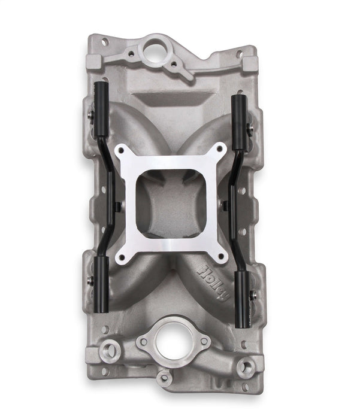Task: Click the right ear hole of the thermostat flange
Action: pos(203,341)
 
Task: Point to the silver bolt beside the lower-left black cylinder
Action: pos(90,280)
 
